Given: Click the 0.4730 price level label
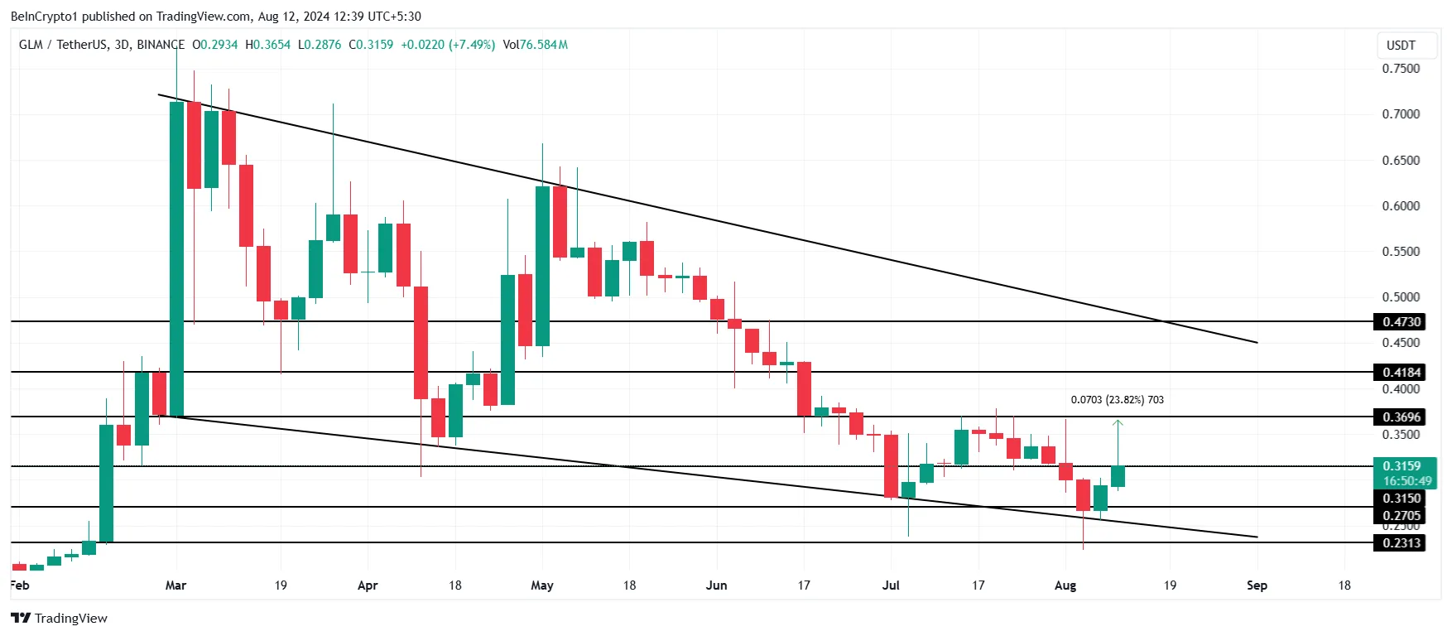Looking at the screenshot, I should (1401, 322).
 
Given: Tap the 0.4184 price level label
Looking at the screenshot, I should (1401, 373).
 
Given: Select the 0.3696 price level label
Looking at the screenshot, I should (1401, 417).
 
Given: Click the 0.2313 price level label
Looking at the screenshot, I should (1401, 543).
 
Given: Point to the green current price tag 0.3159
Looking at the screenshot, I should (1403, 467).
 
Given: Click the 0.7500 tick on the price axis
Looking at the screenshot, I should (1401, 69).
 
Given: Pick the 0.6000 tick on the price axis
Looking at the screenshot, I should (1401, 206).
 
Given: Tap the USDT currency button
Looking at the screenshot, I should (1401, 46).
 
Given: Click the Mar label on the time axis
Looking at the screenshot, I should (175, 585).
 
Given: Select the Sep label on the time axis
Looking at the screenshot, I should (1257, 585).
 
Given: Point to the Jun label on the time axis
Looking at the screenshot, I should (716, 585).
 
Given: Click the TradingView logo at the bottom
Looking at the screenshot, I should (60, 619).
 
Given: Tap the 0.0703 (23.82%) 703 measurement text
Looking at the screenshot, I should (1117, 400).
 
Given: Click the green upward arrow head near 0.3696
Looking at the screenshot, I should (1118, 423).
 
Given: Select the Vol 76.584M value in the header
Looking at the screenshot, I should (535, 45).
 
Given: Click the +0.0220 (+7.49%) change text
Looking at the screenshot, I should (447, 45).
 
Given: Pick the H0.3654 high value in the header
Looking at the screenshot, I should (268, 45).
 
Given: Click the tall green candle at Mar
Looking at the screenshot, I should (176, 257).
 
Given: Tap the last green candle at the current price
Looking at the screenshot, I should (1118, 476).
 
